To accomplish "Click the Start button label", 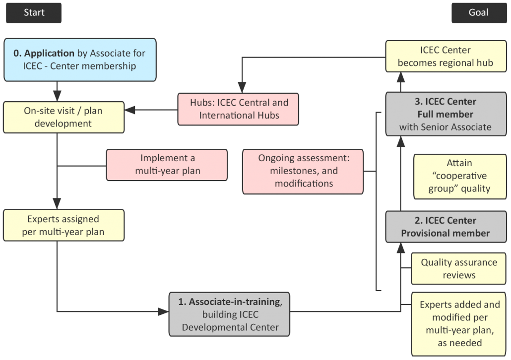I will pyautogui.click(x=34, y=13).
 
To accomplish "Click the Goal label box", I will pyautogui.click(x=478, y=13).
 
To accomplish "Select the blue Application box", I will pyautogui.click(x=80, y=60).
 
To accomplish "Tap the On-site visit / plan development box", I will pyautogui.click(x=64, y=117).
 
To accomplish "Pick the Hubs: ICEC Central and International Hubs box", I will pyautogui.click(x=239, y=109).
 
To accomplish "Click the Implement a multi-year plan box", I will pyautogui.click(x=167, y=165).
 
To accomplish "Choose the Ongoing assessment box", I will pyautogui.click(x=303, y=171).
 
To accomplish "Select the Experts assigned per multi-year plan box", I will pyautogui.click(x=64, y=225).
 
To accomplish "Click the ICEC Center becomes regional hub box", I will pyautogui.click(x=445, y=57).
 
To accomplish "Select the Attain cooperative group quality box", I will pyautogui.click(x=459, y=176).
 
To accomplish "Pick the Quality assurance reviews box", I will pyautogui.click(x=459, y=269).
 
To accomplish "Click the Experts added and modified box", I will pyautogui.click(x=459, y=323).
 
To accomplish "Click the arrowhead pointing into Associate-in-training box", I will pyautogui.click(x=163, y=312).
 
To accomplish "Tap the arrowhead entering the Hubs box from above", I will pyautogui.click(x=242, y=87).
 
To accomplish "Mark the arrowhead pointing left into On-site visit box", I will pyautogui.click(x=130, y=110).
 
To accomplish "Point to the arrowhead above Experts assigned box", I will pyautogui.click(x=57, y=203).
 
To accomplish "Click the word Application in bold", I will pyautogui.click(x=49, y=53).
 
